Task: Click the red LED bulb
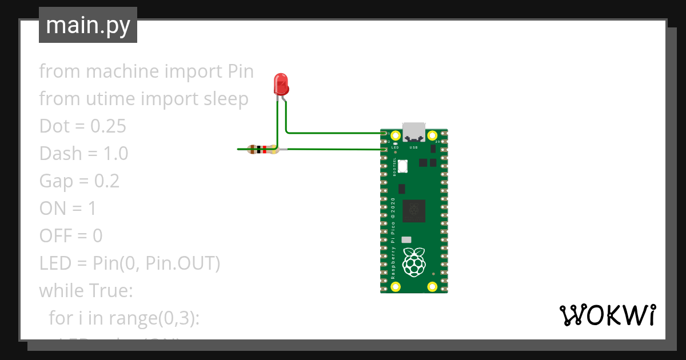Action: click(x=281, y=84)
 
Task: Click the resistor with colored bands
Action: click(x=262, y=150)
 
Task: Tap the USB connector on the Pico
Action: click(x=414, y=132)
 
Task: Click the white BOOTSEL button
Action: click(x=402, y=166)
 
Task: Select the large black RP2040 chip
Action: click(x=414, y=210)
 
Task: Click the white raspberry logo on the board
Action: click(x=414, y=261)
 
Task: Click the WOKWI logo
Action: click(x=607, y=315)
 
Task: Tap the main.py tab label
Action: click(x=88, y=25)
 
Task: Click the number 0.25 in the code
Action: click(x=109, y=126)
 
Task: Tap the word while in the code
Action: click(x=61, y=291)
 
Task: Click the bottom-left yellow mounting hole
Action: click(x=395, y=286)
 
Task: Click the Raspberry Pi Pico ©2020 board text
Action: click(x=393, y=238)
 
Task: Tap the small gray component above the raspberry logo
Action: click(x=406, y=240)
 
